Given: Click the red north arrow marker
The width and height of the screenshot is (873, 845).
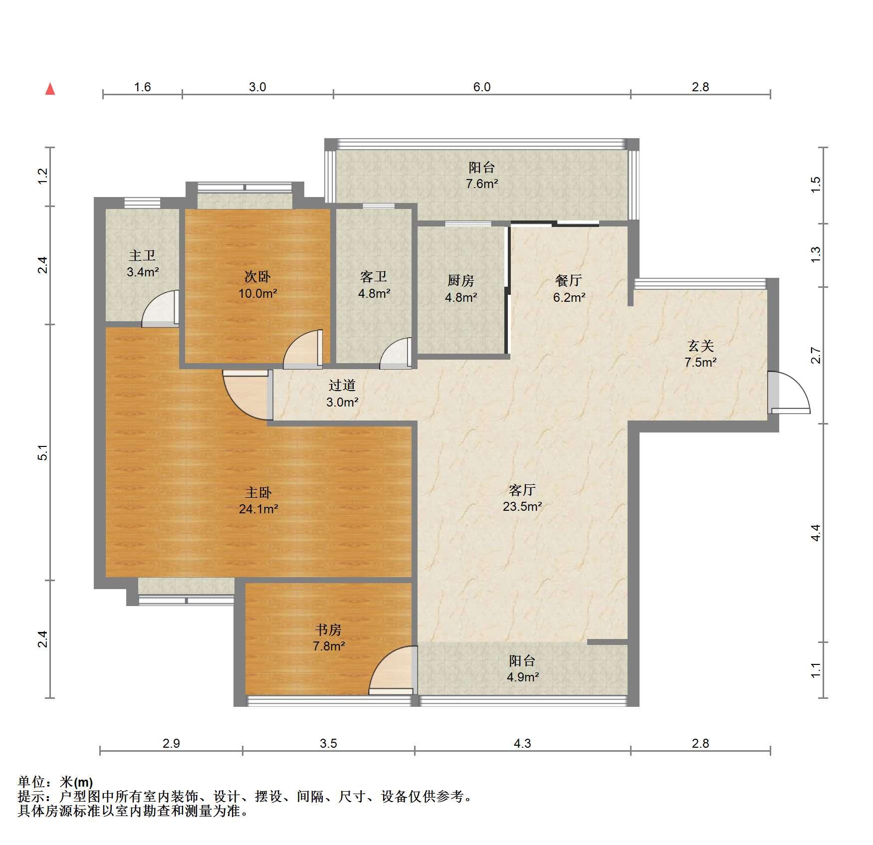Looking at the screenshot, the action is coord(50,89).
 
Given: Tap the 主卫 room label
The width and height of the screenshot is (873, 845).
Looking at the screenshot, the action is coord(142,256).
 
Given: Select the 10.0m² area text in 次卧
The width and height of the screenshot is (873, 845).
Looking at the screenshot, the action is coord(257,293).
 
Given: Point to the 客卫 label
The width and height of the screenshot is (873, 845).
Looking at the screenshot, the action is coord(374,277).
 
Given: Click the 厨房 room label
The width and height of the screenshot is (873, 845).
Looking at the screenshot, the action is coord(460,281).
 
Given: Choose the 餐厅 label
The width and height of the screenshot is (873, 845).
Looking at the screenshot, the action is coord(569,280).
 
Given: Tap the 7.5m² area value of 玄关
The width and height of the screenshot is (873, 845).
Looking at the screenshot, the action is coord(700,362).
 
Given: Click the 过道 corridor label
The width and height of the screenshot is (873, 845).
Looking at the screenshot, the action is coord(342,385).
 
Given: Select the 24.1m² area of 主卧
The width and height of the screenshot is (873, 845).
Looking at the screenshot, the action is coord(258,509).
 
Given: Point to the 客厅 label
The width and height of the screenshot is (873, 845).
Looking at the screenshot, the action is coord(522,490).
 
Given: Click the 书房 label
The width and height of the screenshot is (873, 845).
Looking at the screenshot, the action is coord(328,630).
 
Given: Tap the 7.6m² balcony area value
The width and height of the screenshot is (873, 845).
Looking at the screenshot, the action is coord(482,184).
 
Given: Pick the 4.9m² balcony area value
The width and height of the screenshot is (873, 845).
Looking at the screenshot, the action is coord(522,677).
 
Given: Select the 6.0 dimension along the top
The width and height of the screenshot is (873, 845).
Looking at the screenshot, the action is coord(481,87).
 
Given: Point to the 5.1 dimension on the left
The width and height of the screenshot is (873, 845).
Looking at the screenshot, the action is coord(44,452).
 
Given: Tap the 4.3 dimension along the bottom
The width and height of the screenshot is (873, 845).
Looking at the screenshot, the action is coord(522,743).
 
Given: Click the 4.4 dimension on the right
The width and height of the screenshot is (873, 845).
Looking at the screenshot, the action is coord(815,533).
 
